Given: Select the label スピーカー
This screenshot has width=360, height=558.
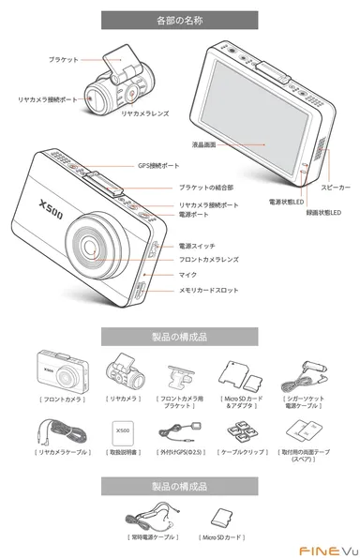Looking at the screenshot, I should (335, 188).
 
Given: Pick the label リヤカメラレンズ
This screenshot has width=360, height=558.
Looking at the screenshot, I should (146, 113).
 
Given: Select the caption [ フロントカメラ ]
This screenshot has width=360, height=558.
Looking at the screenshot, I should (56, 398).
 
